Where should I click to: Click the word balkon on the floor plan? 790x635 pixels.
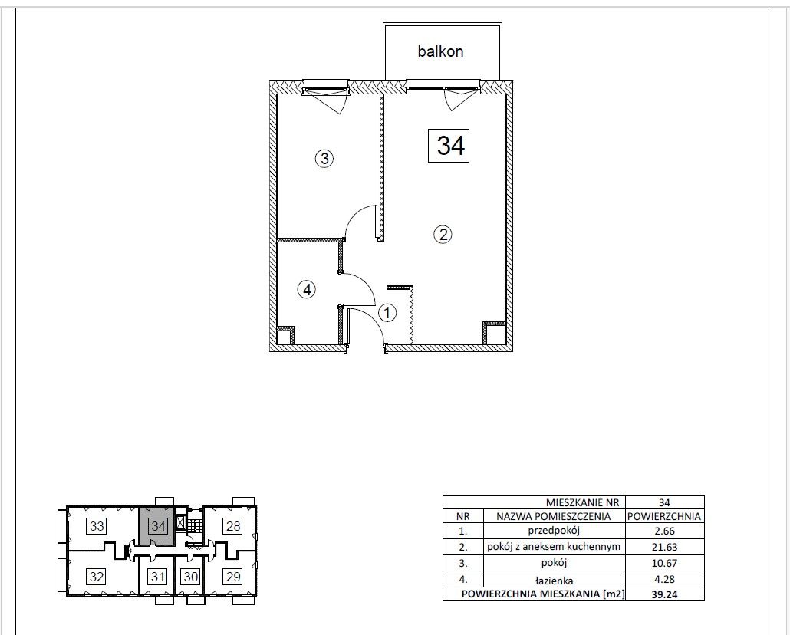[x=440, y=51]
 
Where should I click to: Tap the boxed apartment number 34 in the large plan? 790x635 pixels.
[x=449, y=146]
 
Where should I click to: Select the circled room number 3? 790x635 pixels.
[x=324, y=159]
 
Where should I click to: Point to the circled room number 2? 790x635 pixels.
[x=443, y=235]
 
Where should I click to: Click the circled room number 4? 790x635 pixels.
[x=307, y=290]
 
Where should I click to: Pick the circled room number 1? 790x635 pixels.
[x=387, y=313]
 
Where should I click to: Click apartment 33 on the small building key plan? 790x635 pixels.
[x=97, y=526]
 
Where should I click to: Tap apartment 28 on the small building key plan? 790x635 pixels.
[x=233, y=526]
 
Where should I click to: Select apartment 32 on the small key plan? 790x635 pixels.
[x=97, y=576]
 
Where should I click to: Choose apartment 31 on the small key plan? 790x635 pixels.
[x=158, y=576]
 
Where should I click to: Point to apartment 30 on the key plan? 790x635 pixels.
[x=190, y=576]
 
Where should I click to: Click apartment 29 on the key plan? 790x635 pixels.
[x=233, y=576]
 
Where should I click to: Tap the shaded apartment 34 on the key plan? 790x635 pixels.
[x=158, y=526]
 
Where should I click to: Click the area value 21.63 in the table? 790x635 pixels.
[x=664, y=547]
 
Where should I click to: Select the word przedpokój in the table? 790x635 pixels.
[x=555, y=531]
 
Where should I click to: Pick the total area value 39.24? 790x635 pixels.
[x=664, y=594]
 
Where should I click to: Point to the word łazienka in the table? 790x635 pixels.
[x=555, y=581]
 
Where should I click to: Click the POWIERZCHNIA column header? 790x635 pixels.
[x=664, y=516]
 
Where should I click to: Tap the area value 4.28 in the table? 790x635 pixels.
[x=664, y=580]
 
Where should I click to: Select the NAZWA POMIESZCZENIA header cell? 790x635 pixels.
[x=554, y=516]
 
